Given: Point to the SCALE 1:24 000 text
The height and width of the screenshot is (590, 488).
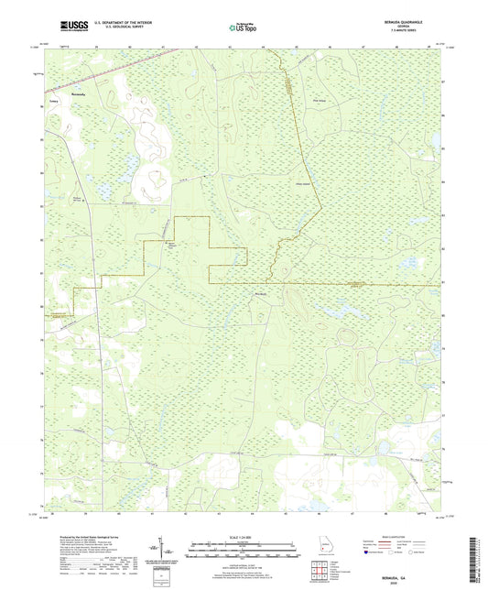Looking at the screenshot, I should click(244, 536).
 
